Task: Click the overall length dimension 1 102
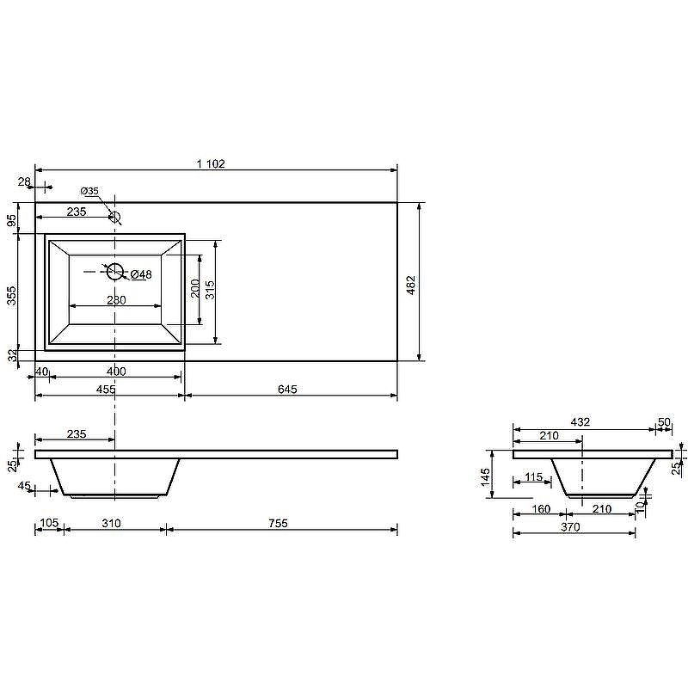211,163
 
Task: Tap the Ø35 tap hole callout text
89,191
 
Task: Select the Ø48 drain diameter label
141,274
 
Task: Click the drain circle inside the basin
115,272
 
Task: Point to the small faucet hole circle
114,217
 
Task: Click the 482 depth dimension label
411,285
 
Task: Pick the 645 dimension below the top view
287,390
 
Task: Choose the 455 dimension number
106,390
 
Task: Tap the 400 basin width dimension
116,372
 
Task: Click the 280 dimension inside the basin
116,299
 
